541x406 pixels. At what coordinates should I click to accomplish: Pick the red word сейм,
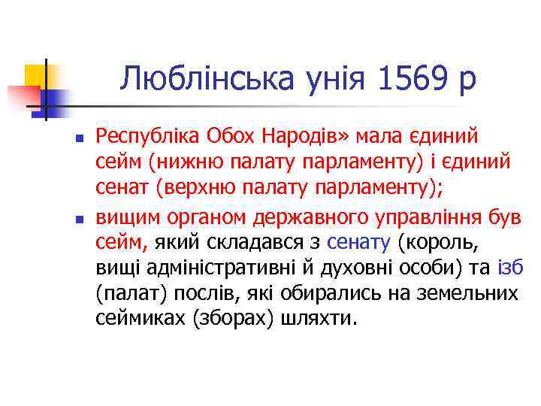[x=123, y=242]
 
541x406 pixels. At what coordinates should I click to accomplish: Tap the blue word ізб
[x=510, y=268]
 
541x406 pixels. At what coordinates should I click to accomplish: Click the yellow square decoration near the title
[x=35, y=75]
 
